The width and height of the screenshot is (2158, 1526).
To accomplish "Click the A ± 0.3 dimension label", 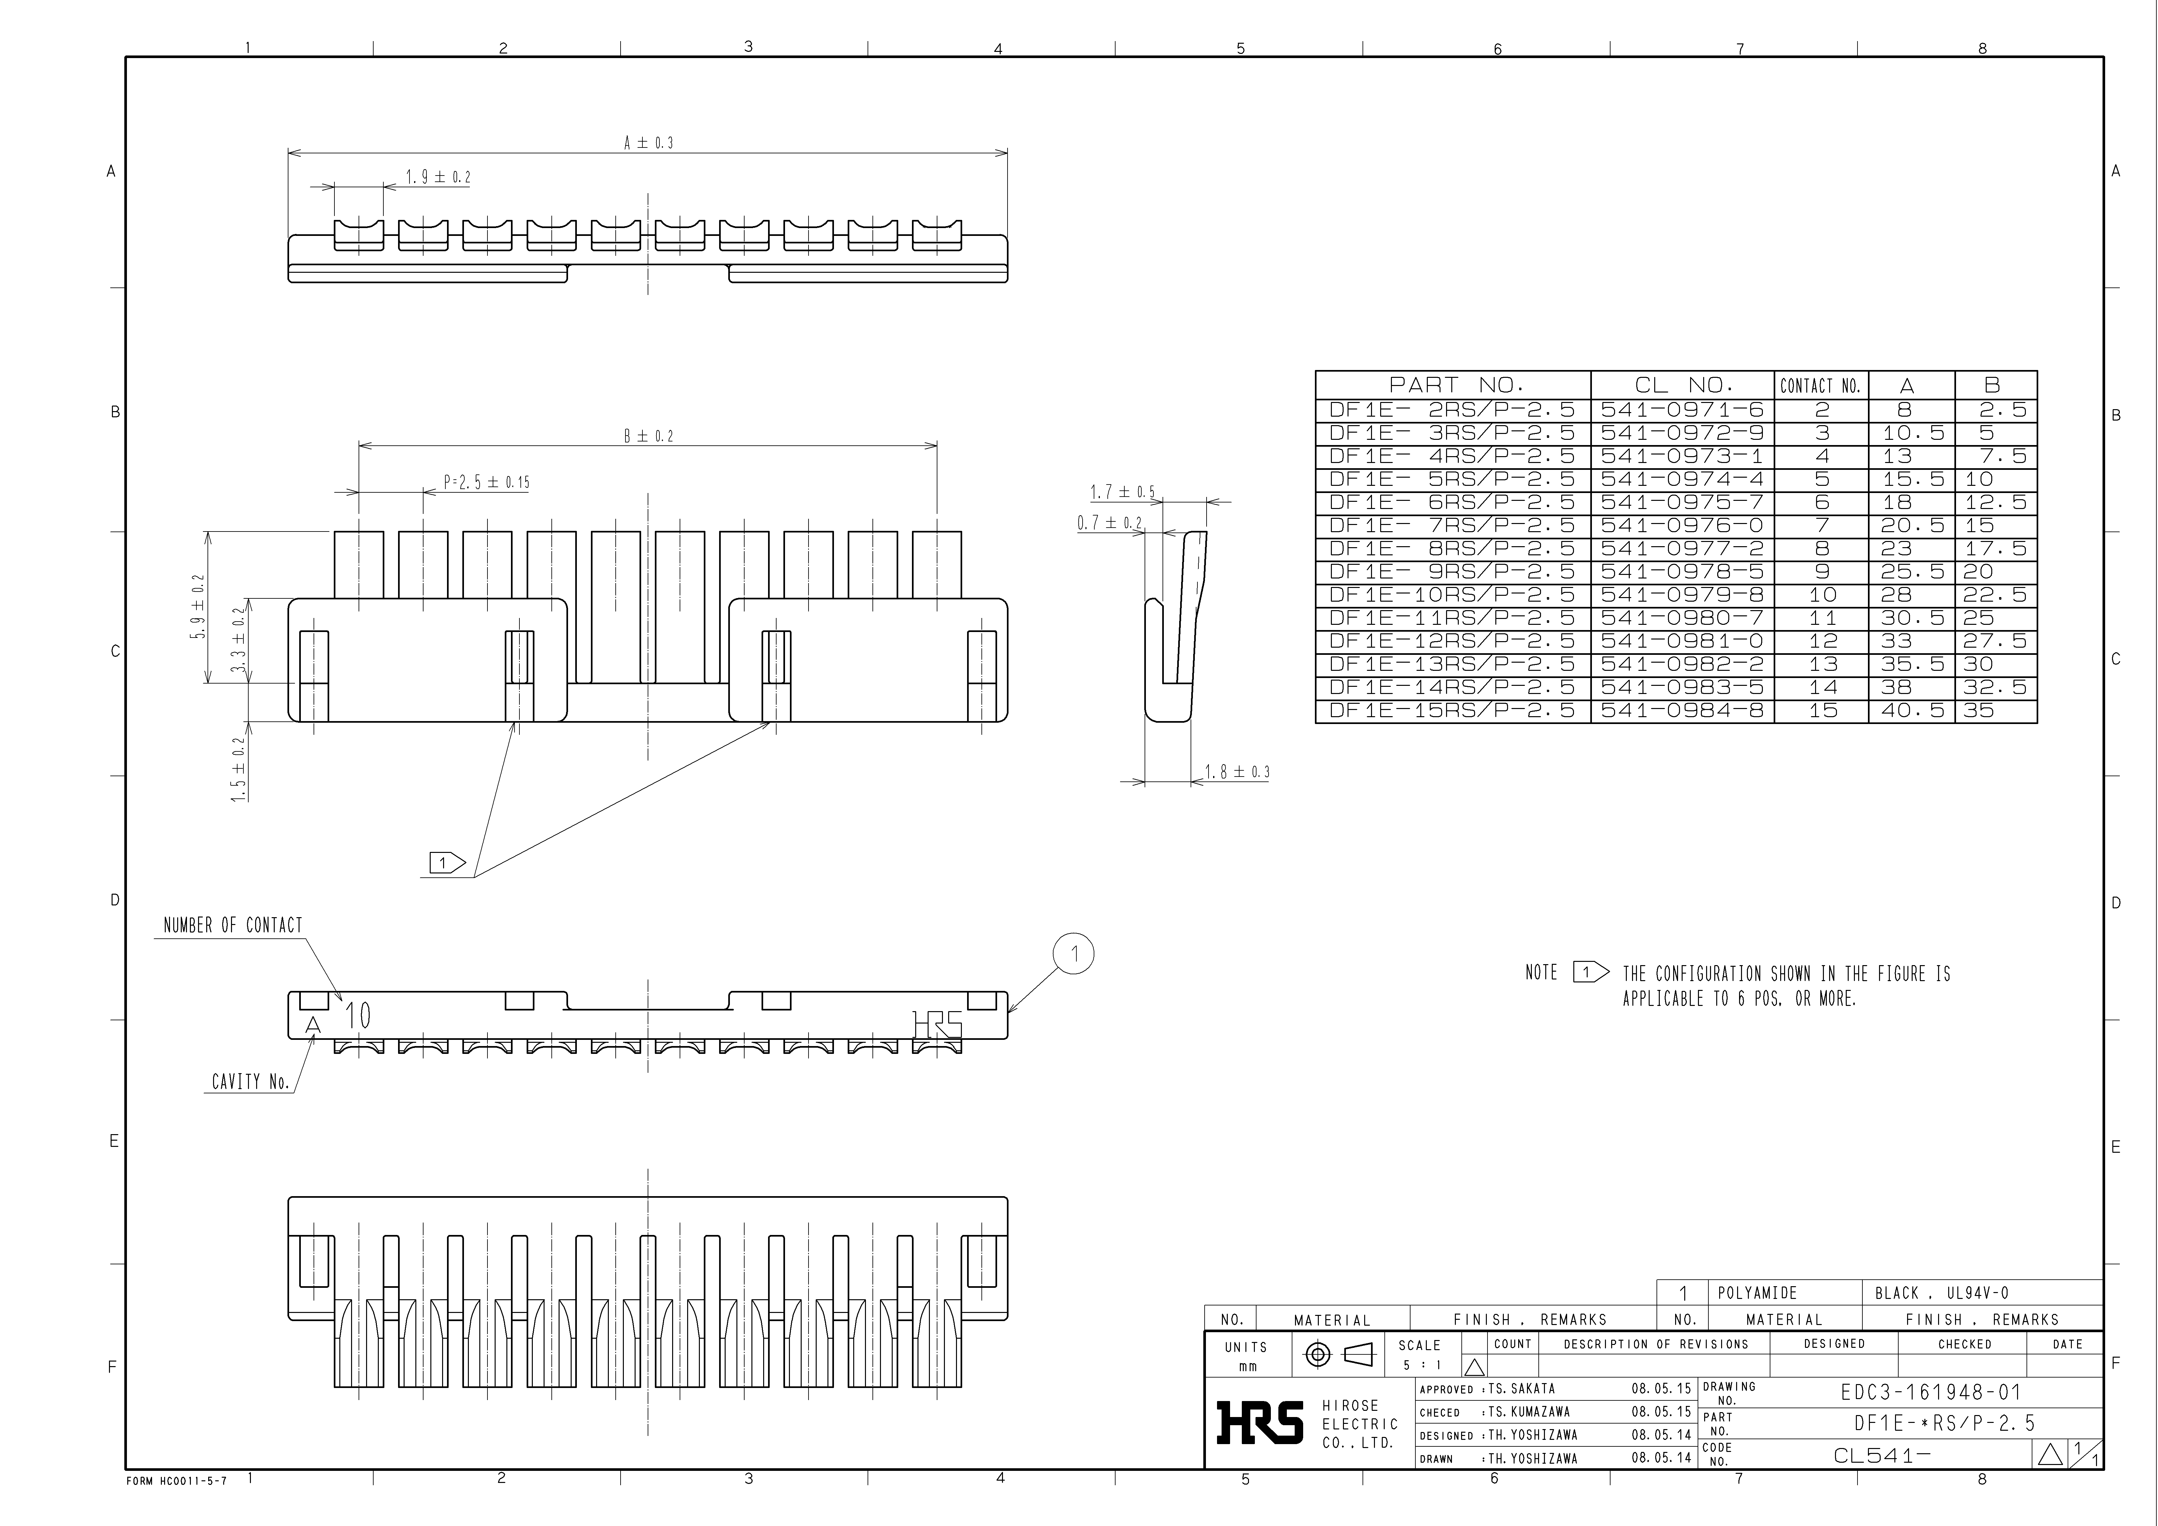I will point(649,143).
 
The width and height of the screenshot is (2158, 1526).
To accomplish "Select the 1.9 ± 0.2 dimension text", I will point(438,177).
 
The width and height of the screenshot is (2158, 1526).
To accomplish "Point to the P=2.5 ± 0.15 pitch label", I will point(486,482).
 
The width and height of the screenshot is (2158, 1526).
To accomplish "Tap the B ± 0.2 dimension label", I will point(649,436).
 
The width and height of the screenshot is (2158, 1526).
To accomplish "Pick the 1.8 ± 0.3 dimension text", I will point(1237,771).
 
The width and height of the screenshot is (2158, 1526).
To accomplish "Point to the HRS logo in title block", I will point(1259,1422).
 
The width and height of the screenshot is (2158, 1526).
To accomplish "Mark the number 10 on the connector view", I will point(358,1015).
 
